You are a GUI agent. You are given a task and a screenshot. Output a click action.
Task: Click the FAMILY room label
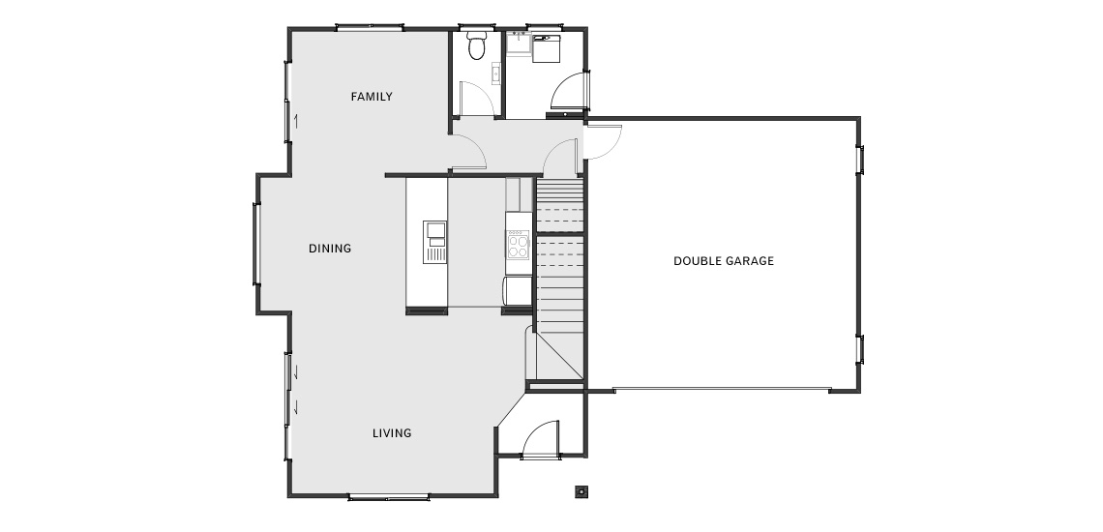tap(372, 97)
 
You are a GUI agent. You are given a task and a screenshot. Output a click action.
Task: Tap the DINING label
tap(330, 249)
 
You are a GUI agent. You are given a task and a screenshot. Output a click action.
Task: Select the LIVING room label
tap(392, 433)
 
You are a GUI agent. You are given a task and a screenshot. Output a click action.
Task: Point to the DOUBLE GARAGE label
tap(724, 261)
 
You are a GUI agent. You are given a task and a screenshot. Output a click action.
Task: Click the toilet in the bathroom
tap(477, 45)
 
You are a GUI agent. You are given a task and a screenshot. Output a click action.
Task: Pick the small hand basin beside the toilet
tap(496, 74)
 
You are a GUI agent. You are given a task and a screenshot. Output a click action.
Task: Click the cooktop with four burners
tap(519, 244)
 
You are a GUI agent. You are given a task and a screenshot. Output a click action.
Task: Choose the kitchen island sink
tap(434, 242)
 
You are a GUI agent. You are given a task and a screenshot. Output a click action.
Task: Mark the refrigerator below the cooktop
tap(517, 290)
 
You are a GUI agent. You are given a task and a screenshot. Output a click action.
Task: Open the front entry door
tap(540, 439)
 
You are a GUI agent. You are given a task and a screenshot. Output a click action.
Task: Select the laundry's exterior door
tap(568, 92)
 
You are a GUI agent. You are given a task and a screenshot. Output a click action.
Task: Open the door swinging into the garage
tap(604, 141)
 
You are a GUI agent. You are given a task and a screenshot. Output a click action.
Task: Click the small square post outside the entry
tap(581, 491)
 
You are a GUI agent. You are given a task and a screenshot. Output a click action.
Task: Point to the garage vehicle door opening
tap(722, 389)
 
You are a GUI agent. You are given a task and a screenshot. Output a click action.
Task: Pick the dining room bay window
tap(256, 244)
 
